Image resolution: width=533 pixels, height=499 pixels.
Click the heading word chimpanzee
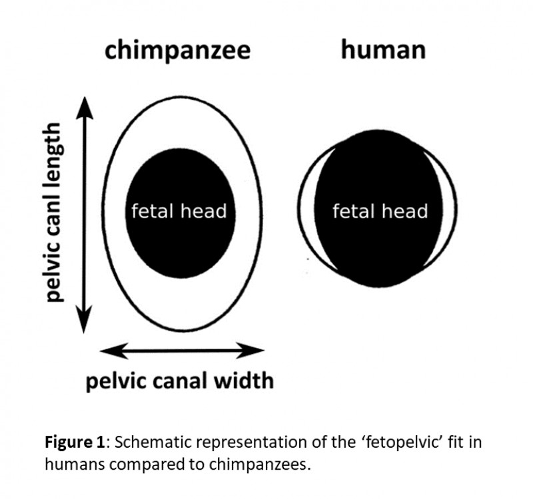click(x=178, y=51)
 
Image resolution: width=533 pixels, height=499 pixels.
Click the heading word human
click(x=383, y=49)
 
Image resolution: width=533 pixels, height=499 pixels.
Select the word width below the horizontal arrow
click(x=243, y=380)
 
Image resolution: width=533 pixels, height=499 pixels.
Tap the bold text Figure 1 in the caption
click(x=75, y=442)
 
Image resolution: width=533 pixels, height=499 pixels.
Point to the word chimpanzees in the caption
click(x=260, y=464)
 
